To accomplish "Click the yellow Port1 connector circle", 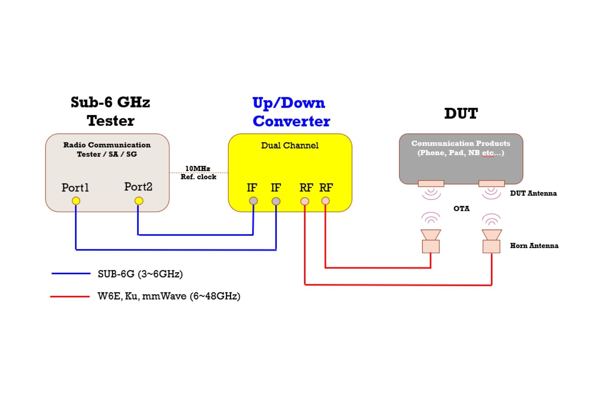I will pos(76,201).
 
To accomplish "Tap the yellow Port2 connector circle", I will pos(139,201).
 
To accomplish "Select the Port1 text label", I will pos(75,188).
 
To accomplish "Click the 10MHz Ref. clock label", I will pos(198,173).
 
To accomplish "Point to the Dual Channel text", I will pos(289,145).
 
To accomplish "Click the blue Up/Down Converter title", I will pos(291,112).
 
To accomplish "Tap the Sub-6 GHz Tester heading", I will pos(110,111).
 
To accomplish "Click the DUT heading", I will pos(461,114).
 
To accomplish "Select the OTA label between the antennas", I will pos(461,209).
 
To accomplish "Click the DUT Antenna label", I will pos(533,193).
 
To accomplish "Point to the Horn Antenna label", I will pos(534,246).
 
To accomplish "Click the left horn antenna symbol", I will pos(431,242).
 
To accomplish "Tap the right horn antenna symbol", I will pos(492,242).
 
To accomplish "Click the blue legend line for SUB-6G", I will pos(71,274).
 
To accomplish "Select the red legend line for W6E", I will pos(70,296).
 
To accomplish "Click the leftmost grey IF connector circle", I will pos(253,201).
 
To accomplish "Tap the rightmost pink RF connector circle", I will pos(325,201).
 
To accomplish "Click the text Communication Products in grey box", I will pos(461,144).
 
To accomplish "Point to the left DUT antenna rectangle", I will pos(431,183).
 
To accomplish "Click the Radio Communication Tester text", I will pos(107,150).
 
